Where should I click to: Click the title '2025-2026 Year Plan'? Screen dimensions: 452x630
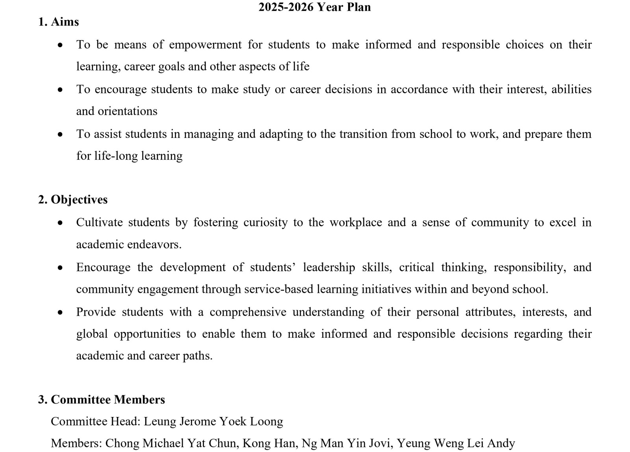[x=314, y=7]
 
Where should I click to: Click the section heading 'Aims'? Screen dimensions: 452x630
[x=65, y=22]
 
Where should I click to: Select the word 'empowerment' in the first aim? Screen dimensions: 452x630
[x=205, y=44]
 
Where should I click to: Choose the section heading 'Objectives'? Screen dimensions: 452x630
[x=79, y=200]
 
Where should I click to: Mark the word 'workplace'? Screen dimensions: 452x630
[x=356, y=222]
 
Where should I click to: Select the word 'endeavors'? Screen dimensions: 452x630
[x=156, y=245]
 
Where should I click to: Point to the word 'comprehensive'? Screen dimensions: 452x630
[x=248, y=312]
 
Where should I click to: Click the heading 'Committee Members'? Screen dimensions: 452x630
[x=107, y=400]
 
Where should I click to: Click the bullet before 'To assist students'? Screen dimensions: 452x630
[x=60, y=135]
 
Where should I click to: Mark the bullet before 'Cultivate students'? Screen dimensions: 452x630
[x=60, y=223]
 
